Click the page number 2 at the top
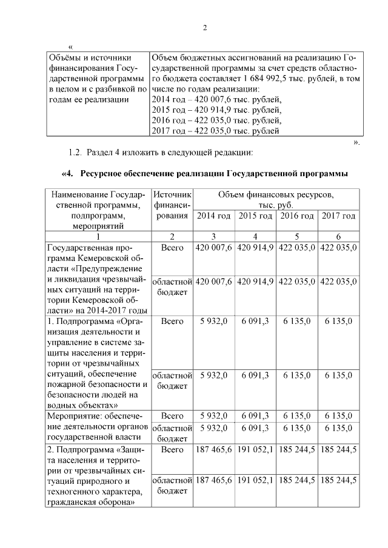(204, 28)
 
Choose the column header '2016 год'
(296, 216)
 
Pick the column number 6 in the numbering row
(338, 236)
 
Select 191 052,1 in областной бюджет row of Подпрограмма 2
(255, 480)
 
